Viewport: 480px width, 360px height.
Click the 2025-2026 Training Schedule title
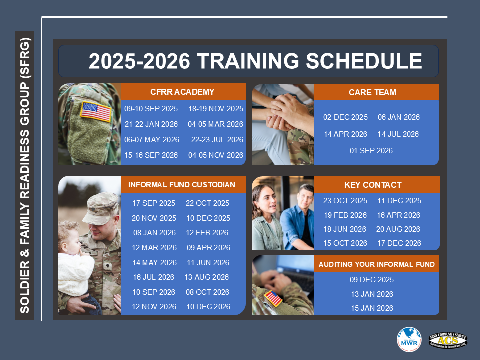tap(255, 61)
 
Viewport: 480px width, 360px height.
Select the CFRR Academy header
tap(182, 92)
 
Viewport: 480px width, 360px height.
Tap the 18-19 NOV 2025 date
tap(215, 109)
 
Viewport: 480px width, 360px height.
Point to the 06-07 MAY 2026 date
tap(152, 140)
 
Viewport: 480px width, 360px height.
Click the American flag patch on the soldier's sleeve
tap(96, 112)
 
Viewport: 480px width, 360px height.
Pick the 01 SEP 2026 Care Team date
tap(371, 151)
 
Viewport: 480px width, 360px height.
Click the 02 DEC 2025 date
tap(345, 117)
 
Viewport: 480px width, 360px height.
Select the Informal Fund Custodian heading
tap(182, 185)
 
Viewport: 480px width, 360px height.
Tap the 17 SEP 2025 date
tap(154, 203)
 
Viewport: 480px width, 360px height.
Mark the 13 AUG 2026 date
tap(207, 277)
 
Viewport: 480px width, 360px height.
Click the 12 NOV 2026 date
tap(154, 307)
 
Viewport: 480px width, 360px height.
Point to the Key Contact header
tap(373, 185)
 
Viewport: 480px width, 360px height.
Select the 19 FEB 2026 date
tap(345, 215)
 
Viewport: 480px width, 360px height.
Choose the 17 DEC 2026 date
tap(399, 243)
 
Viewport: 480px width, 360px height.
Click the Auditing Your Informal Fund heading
tap(377, 264)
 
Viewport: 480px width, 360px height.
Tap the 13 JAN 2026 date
tap(372, 294)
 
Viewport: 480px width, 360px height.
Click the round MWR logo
tap(409, 339)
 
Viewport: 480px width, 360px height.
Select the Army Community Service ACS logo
tap(448, 340)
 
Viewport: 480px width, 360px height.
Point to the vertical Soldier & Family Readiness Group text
tap(24, 175)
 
